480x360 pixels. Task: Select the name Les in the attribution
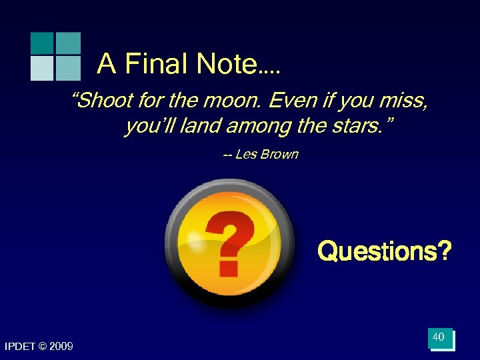[x=246, y=155]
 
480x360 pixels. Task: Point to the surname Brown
[x=279, y=155]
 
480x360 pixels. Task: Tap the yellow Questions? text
[x=385, y=252]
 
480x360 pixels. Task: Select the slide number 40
[x=439, y=338]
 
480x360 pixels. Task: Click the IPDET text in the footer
[x=21, y=346]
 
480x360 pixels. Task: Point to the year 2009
[x=61, y=346]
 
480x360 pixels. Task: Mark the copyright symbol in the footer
[x=43, y=346]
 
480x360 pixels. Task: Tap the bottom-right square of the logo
[x=67, y=68]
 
